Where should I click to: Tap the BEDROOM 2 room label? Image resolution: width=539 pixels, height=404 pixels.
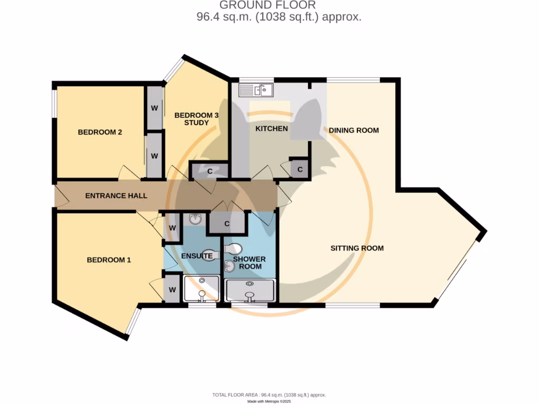pos(100,132)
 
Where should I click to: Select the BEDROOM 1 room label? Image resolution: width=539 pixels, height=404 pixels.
pos(109,260)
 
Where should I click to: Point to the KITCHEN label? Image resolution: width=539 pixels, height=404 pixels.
pos(271,129)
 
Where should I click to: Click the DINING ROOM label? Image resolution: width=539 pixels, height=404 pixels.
pos(353,130)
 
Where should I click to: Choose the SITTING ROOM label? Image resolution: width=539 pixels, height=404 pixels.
pos(357,248)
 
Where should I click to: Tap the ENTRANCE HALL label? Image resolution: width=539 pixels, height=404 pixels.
pos(116,196)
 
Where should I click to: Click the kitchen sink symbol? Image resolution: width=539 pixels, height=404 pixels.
pos(256,90)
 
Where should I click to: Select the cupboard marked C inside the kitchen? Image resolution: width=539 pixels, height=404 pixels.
pos(300,169)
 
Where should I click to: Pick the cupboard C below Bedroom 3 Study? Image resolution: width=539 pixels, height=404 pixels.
pos(209,170)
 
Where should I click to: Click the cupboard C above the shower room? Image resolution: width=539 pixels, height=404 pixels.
pos(227,223)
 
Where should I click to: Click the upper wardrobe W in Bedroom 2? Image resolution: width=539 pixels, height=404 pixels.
pos(155,108)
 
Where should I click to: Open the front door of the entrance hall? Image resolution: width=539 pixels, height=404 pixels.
pos(61,196)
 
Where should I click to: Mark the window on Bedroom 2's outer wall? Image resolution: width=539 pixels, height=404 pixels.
pos(54,103)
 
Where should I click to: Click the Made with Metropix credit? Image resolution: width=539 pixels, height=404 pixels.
pos(269,401)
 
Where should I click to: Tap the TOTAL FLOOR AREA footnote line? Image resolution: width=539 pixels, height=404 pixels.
pos(269,395)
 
